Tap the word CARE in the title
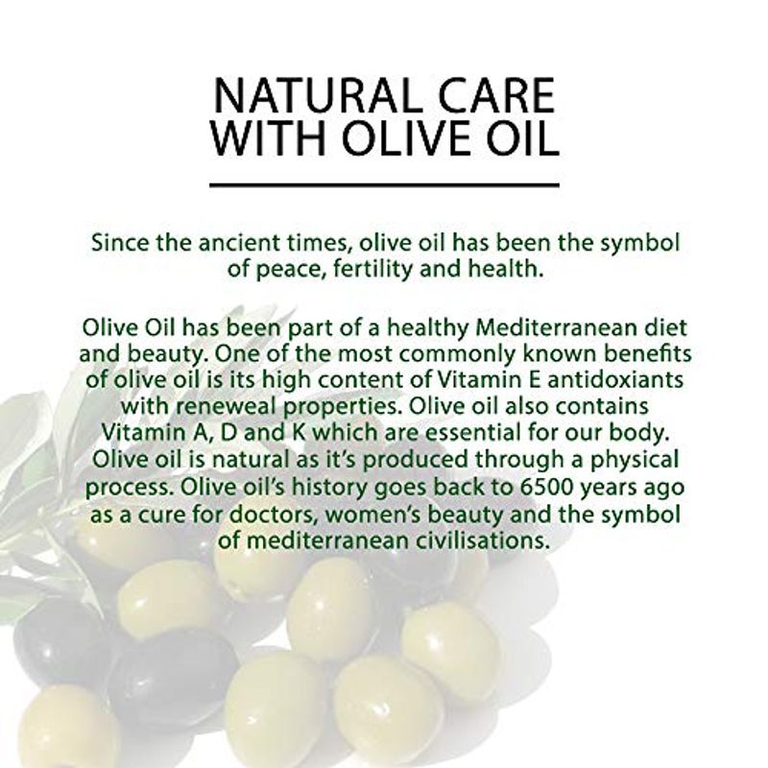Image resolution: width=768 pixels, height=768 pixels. tap(496, 95)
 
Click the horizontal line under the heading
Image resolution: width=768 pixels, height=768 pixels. tap(385, 185)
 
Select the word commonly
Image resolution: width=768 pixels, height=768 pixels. tap(462, 355)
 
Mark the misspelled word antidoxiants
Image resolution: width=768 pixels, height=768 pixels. tap(615, 380)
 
